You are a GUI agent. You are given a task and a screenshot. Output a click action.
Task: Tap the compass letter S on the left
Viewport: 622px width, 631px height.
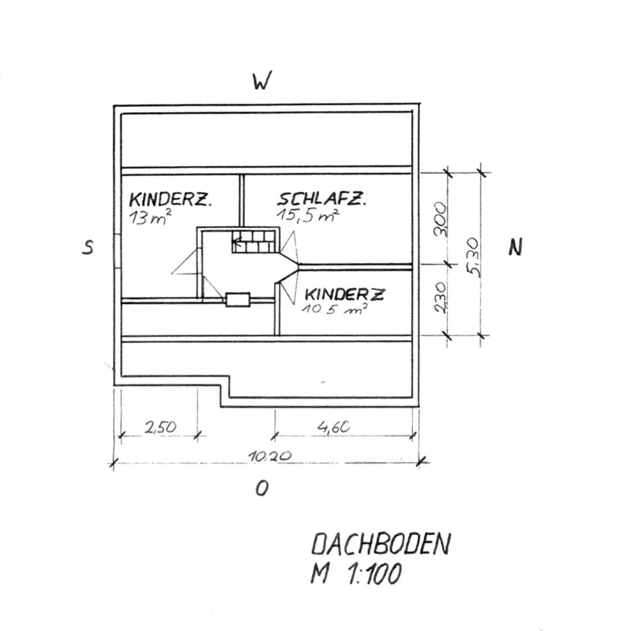pos(88,248)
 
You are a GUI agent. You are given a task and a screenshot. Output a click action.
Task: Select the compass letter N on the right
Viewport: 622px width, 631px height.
pos(515,248)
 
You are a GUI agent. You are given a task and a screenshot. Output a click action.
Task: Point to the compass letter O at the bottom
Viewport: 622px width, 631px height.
pos(262,488)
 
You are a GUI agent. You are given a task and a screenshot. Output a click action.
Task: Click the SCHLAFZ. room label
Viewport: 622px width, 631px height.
pos(322,200)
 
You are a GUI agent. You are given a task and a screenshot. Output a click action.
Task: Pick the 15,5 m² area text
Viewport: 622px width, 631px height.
pos(308,216)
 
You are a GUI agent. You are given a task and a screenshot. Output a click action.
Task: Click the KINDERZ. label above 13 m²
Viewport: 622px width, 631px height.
pos(170,200)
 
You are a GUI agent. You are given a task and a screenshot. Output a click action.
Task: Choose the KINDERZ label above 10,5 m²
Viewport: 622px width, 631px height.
pos(345,294)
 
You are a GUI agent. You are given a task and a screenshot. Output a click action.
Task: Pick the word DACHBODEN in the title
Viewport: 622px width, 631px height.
pos(381,546)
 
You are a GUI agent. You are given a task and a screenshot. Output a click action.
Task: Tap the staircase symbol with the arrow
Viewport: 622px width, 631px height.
pos(253,240)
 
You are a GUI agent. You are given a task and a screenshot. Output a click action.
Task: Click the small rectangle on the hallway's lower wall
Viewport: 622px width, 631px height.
pos(238,299)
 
